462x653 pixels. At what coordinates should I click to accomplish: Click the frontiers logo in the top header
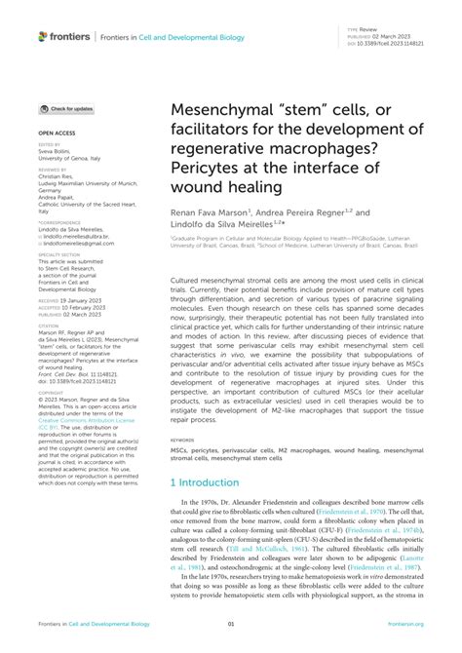click(x=64, y=36)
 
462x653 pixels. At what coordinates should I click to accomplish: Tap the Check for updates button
click(x=67, y=109)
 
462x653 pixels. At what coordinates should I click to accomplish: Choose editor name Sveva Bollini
click(x=55, y=153)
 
